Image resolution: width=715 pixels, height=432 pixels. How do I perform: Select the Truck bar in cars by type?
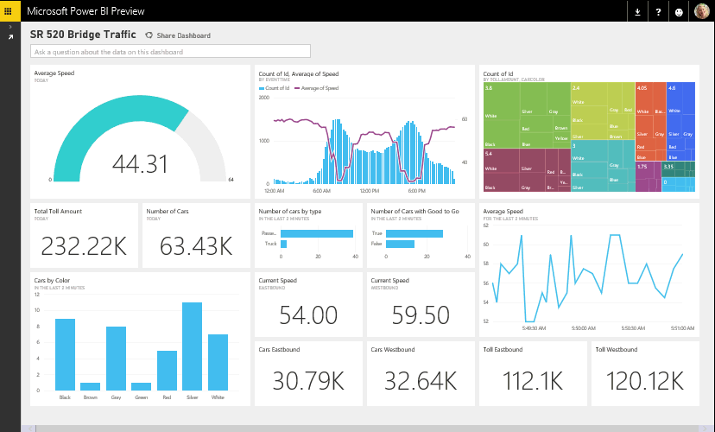pyautogui.click(x=283, y=245)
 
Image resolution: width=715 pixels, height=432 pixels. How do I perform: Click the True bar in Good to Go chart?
pyautogui.click(x=414, y=233)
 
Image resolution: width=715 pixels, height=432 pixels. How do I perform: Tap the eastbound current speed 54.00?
pyautogui.click(x=307, y=314)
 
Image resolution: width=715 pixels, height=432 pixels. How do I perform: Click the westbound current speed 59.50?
pyautogui.click(x=420, y=314)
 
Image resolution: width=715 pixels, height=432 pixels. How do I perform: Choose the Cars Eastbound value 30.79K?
pyautogui.click(x=307, y=381)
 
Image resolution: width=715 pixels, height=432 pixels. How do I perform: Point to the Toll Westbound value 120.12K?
pyautogui.click(x=644, y=381)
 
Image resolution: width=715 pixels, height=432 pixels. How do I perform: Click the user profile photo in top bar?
pyautogui.click(x=701, y=11)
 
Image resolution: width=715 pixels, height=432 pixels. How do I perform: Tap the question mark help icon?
pyautogui.click(x=659, y=12)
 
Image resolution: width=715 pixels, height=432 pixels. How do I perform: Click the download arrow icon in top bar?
pyautogui.click(x=637, y=12)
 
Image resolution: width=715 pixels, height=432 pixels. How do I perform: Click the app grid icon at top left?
pyautogui.click(x=9, y=11)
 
